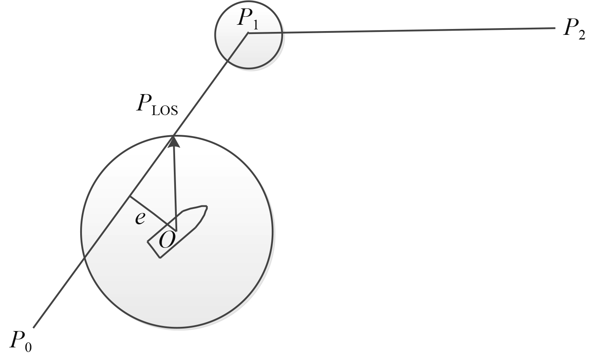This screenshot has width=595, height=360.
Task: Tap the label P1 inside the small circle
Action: (248, 20)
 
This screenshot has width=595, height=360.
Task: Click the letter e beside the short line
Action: (140, 218)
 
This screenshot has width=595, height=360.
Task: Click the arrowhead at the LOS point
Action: (174, 141)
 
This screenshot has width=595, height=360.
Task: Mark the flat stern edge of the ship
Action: (154, 250)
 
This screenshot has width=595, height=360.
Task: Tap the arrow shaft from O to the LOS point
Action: (175, 189)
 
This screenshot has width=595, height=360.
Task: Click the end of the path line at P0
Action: (34, 327)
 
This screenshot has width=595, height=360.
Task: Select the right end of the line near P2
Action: (554, 29)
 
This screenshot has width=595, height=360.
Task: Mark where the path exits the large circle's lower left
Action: (85, 258)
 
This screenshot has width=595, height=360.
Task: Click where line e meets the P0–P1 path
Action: (130, 197)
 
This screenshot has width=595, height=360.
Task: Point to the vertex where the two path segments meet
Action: (248, 34)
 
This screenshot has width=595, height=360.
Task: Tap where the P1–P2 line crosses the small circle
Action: (281, 33)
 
